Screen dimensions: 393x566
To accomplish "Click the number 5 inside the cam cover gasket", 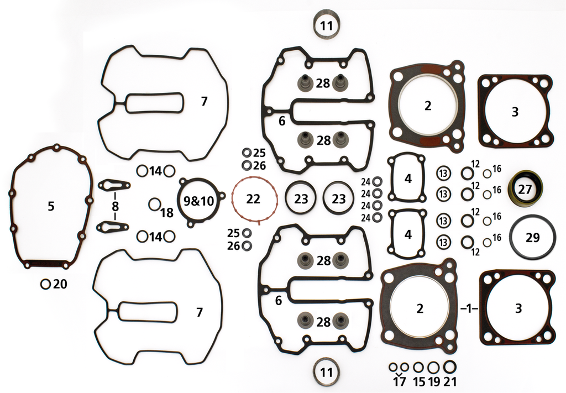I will tap(51, 206).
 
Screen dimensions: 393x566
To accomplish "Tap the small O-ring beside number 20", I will tap(45, 284).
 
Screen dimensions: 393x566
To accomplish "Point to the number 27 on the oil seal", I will tap(525, 189).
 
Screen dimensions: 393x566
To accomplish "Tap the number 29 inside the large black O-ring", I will tap(532, 238).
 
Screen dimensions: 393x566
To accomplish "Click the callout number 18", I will tap(166, 213).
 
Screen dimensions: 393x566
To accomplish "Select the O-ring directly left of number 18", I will tap(155, 205).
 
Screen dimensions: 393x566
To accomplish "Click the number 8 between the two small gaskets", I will tap(115, 205).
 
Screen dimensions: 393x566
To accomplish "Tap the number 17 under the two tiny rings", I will tap(399, 381).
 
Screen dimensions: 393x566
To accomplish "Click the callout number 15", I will tap(419, 381).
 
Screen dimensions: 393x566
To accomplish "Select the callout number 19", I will tap(434, 381).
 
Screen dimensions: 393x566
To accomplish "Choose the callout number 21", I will tap(450, 381).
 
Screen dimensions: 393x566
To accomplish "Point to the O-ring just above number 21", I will tap(450, 366).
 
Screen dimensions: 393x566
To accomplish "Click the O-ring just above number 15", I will tap(418, 367).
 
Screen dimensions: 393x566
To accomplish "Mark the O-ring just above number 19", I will tap(434, 367).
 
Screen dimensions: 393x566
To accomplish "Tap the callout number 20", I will tap(60, 284).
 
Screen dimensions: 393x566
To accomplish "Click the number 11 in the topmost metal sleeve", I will tap(327, 25).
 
